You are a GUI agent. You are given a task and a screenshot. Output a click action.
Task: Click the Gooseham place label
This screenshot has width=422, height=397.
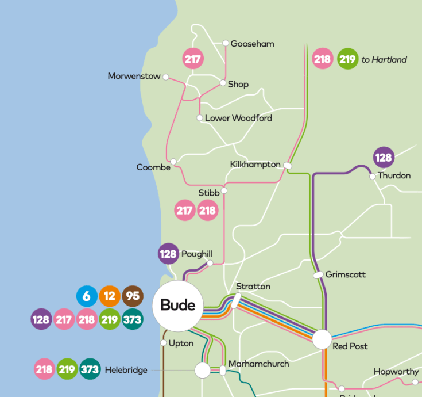click(252, 44)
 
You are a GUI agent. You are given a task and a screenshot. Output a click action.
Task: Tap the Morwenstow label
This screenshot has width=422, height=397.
click(134, 77)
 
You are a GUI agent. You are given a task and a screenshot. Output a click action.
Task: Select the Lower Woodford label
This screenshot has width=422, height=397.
click(238, 118)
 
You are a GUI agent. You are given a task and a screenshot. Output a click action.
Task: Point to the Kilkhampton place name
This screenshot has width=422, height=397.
click(255, 165)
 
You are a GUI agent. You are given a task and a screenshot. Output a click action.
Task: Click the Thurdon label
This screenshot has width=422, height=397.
click(394, 175)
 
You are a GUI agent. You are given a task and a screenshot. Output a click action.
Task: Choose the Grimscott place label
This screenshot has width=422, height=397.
click(345, 274)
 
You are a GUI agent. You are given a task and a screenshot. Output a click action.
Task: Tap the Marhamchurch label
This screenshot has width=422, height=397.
click(258, 364)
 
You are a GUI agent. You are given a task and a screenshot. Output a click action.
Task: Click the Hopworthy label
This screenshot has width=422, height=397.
click(396, 372)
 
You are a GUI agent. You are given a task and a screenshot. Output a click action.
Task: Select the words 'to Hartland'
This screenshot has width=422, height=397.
click(384, 59)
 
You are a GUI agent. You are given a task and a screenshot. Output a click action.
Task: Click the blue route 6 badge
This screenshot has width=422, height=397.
click(87, 296)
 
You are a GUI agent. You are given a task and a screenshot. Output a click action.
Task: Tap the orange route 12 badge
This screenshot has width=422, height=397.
click(110, 296)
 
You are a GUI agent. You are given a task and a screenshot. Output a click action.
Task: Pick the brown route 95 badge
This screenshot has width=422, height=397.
click(133, 296)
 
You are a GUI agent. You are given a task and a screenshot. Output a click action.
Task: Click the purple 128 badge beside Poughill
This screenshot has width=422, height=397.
click(168, 254)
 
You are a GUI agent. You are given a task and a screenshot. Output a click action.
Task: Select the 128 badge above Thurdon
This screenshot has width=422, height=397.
click(384, 157)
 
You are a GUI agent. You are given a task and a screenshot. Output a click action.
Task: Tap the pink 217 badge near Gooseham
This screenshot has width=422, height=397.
click(193, 59)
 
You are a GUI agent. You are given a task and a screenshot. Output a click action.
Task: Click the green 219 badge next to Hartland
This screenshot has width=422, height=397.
click(347, 59)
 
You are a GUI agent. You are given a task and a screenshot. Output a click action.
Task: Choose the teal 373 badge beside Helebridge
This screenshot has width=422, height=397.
click(90, 369)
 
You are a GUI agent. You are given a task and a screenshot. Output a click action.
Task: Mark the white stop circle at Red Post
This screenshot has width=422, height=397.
click(322, 339)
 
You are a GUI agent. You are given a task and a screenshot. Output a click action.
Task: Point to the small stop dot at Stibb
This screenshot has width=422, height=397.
click(224, 190)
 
